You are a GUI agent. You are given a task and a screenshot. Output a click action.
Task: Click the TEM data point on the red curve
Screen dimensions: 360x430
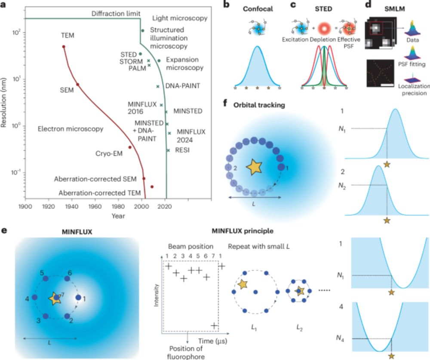coord(64,47)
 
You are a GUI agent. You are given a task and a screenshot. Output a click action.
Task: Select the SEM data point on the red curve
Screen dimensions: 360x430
coord(78,85)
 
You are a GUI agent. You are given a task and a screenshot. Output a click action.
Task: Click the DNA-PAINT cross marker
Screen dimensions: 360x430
coord(158,86)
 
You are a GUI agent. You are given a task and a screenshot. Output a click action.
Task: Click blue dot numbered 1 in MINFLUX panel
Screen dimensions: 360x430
coord(78,297)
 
